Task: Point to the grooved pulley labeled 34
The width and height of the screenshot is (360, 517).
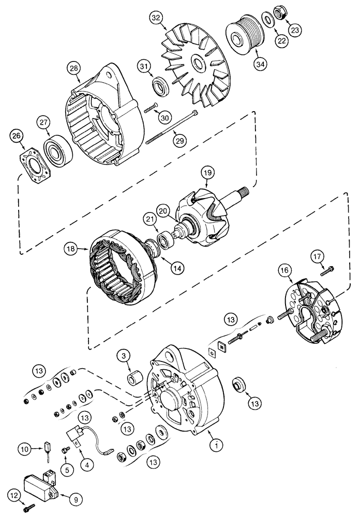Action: (245, 35)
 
